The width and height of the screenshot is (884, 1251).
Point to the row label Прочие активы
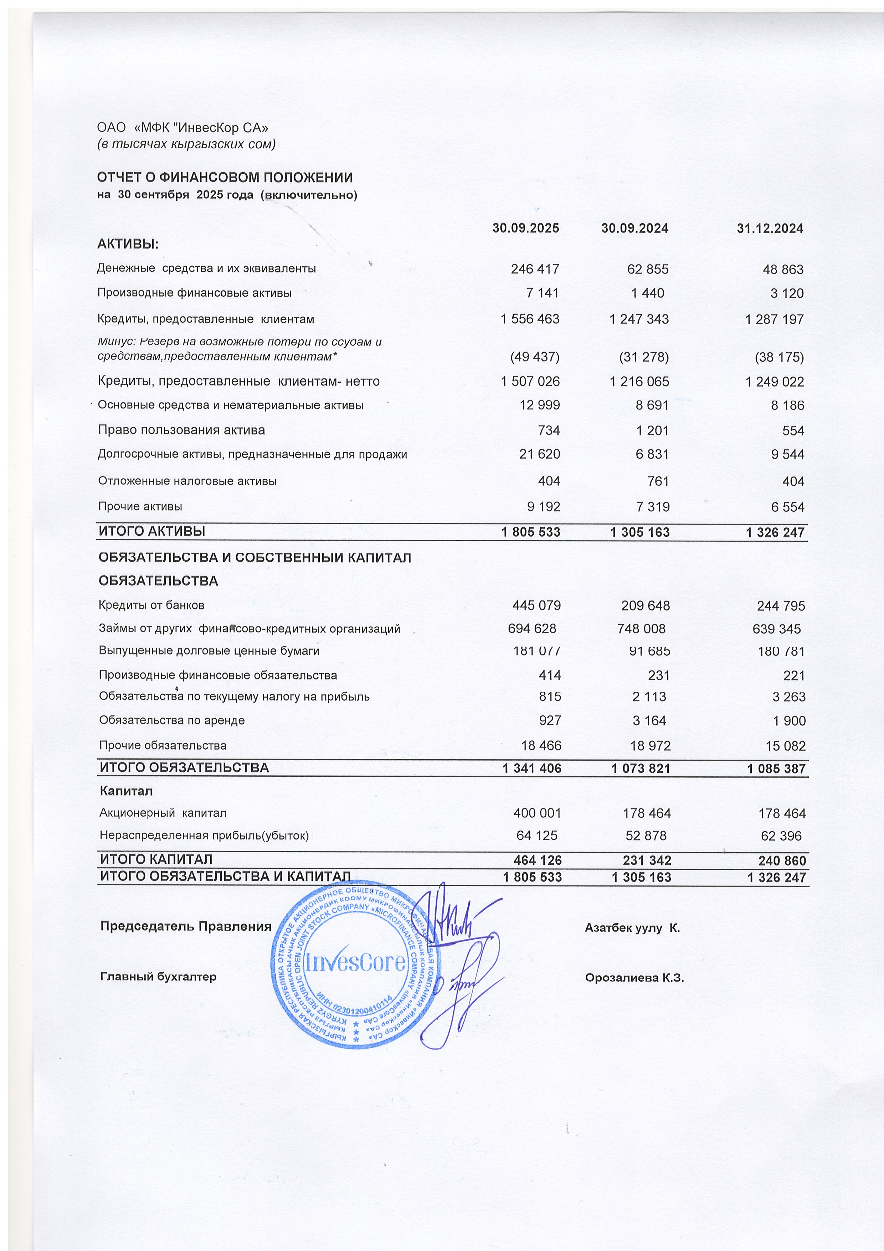coord(140,506)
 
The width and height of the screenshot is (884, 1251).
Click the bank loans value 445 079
coord(536,605)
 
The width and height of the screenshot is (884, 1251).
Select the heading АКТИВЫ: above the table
coord(128,244)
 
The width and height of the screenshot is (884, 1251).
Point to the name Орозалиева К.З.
coord(634,977)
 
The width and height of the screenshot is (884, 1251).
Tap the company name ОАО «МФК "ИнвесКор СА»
coord(183,128)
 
